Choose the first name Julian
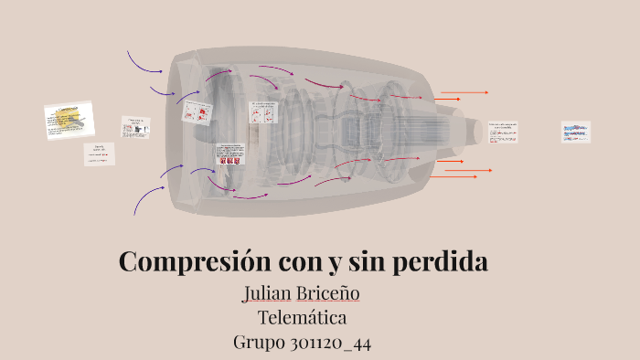click(265, 293)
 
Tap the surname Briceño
click(328, 293)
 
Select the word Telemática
click(302, 318)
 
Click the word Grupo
click(260, 343)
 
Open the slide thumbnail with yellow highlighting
click(69, 121)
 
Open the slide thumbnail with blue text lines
click(575, 132)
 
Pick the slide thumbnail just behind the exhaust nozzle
click(502, 131)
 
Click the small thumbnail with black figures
click(135, 127)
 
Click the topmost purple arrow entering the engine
click(144, 62)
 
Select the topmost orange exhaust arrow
click(464, 92)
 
